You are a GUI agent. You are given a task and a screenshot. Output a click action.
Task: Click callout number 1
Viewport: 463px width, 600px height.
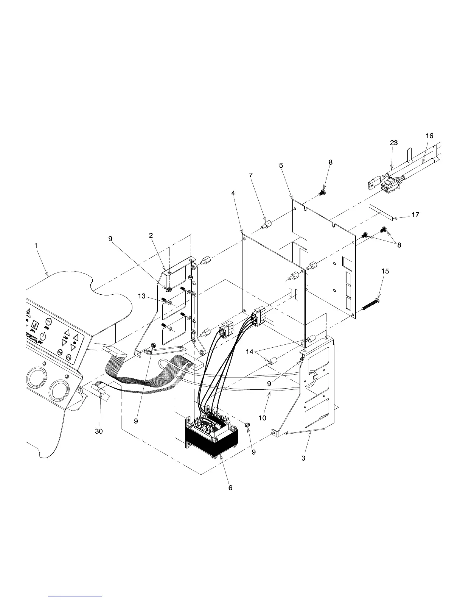pos(36,245)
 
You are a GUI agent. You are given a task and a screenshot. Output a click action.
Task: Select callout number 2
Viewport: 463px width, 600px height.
pos(151,235)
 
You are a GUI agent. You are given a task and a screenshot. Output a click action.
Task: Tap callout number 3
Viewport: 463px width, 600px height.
pos(303,458)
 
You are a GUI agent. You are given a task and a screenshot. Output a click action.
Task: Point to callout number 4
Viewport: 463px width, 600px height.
pos(233,193)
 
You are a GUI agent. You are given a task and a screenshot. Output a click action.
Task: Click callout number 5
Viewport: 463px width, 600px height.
pos(281,166)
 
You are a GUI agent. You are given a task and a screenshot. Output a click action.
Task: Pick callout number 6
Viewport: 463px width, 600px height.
pos(230,488)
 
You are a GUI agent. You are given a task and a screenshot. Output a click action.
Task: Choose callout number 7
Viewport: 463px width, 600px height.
pos(251,175)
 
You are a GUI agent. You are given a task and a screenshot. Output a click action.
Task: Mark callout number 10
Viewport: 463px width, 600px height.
pos(263,418)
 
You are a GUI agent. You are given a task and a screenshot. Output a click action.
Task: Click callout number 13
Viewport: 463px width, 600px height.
pos(141,296)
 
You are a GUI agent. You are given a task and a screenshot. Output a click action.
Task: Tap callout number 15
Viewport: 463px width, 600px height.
pos(385,271)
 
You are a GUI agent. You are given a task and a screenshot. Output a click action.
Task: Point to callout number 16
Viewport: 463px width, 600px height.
pos(429,136)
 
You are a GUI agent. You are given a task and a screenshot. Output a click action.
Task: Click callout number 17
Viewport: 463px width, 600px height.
pos(415,215)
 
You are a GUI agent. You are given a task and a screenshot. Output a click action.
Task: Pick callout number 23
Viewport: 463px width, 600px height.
pos(394,143)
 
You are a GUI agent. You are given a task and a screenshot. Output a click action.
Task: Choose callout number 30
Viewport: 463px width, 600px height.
pos(99,431)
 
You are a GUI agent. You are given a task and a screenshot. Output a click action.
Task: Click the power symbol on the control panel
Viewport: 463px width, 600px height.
pos(44,336)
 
